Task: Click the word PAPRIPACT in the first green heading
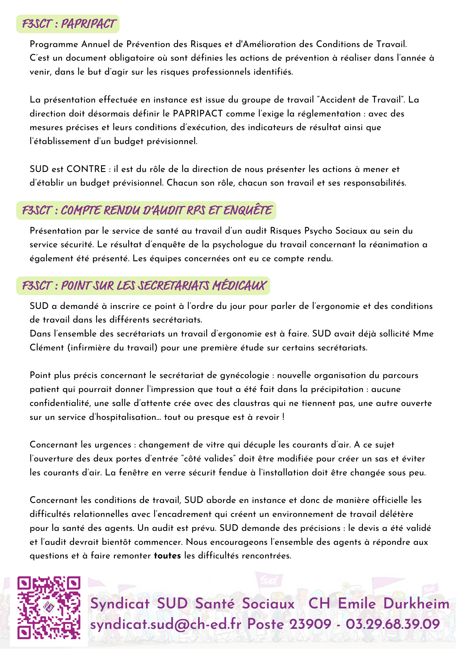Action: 88,24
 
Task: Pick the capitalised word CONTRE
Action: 86,169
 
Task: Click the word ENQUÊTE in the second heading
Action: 248,211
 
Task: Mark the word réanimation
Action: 393,245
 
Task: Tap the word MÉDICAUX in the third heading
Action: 239,286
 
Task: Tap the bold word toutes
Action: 167,556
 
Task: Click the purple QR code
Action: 49,607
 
